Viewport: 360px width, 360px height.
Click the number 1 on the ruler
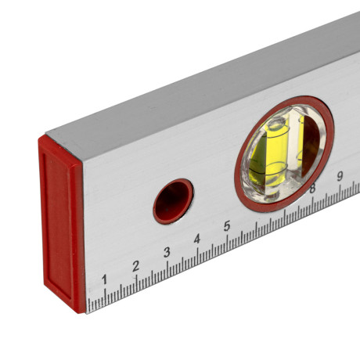[x=104, y=279]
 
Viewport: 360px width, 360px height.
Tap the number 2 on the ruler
[x=135, y=266]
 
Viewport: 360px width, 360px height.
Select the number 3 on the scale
[x=167, y=252]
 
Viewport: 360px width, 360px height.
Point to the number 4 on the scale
[x=197, y=239]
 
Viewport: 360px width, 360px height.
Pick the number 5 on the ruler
[x=227, y=226]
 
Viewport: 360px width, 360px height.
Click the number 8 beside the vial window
[x=312, y=189]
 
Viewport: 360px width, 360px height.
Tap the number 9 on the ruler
[x=340, y=176]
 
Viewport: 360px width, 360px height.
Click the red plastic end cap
[x=62, y=225]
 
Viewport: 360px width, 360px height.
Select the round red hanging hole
[x=173, y=201]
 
